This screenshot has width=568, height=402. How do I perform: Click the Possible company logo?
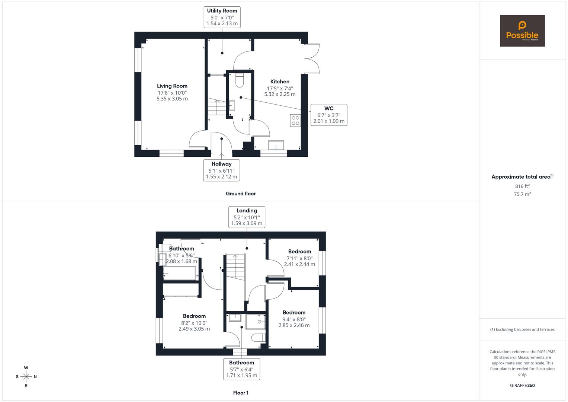tap(522, 31)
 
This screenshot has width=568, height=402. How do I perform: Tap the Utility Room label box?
tap(222, 17)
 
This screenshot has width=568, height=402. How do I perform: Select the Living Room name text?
tap(172, 86)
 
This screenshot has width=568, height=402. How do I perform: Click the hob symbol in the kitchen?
tap(295, 121)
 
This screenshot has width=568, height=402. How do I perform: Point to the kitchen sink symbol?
tap(276, 145)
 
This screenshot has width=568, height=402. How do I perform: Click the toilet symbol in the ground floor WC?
tap(239, 80)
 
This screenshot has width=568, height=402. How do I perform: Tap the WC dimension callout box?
tap(328, 115)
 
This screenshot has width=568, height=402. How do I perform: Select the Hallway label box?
tap(221, 170)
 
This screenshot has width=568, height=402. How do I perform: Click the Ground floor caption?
tap(240, 194)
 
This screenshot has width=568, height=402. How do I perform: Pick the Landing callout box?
tap(247, 217)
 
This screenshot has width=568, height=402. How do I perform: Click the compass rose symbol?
tap(26, 377)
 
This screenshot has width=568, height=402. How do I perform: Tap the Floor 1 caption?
tap(240, 393)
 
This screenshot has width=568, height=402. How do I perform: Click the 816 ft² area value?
tap(522, 186)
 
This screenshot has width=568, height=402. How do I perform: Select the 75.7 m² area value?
tap(522, 194)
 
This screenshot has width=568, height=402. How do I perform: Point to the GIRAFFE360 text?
tap(522, 385)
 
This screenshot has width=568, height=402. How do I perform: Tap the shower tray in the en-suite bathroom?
tap(256, 322)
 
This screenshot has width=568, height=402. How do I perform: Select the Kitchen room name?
tap(280, 82)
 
